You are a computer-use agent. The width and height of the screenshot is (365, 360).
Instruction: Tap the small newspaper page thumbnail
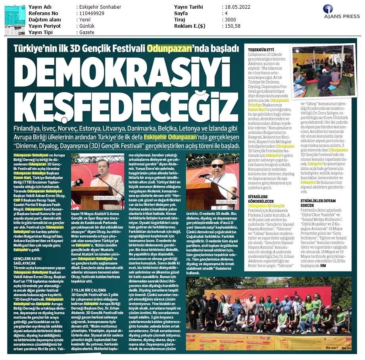14,20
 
